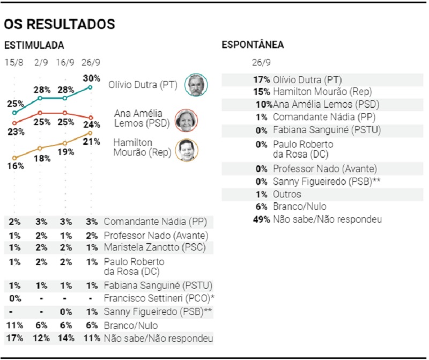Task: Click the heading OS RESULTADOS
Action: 59,25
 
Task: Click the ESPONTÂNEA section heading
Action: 253,45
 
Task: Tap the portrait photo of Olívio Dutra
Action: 196,85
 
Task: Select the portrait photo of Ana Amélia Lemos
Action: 187,120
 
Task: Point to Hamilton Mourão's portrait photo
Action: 187,150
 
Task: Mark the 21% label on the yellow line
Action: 92,142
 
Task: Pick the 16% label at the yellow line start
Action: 14,166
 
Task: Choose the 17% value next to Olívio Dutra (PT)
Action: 262,79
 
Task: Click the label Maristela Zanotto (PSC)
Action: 153,247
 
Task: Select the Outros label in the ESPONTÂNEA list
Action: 287,194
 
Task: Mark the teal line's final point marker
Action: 90,87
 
